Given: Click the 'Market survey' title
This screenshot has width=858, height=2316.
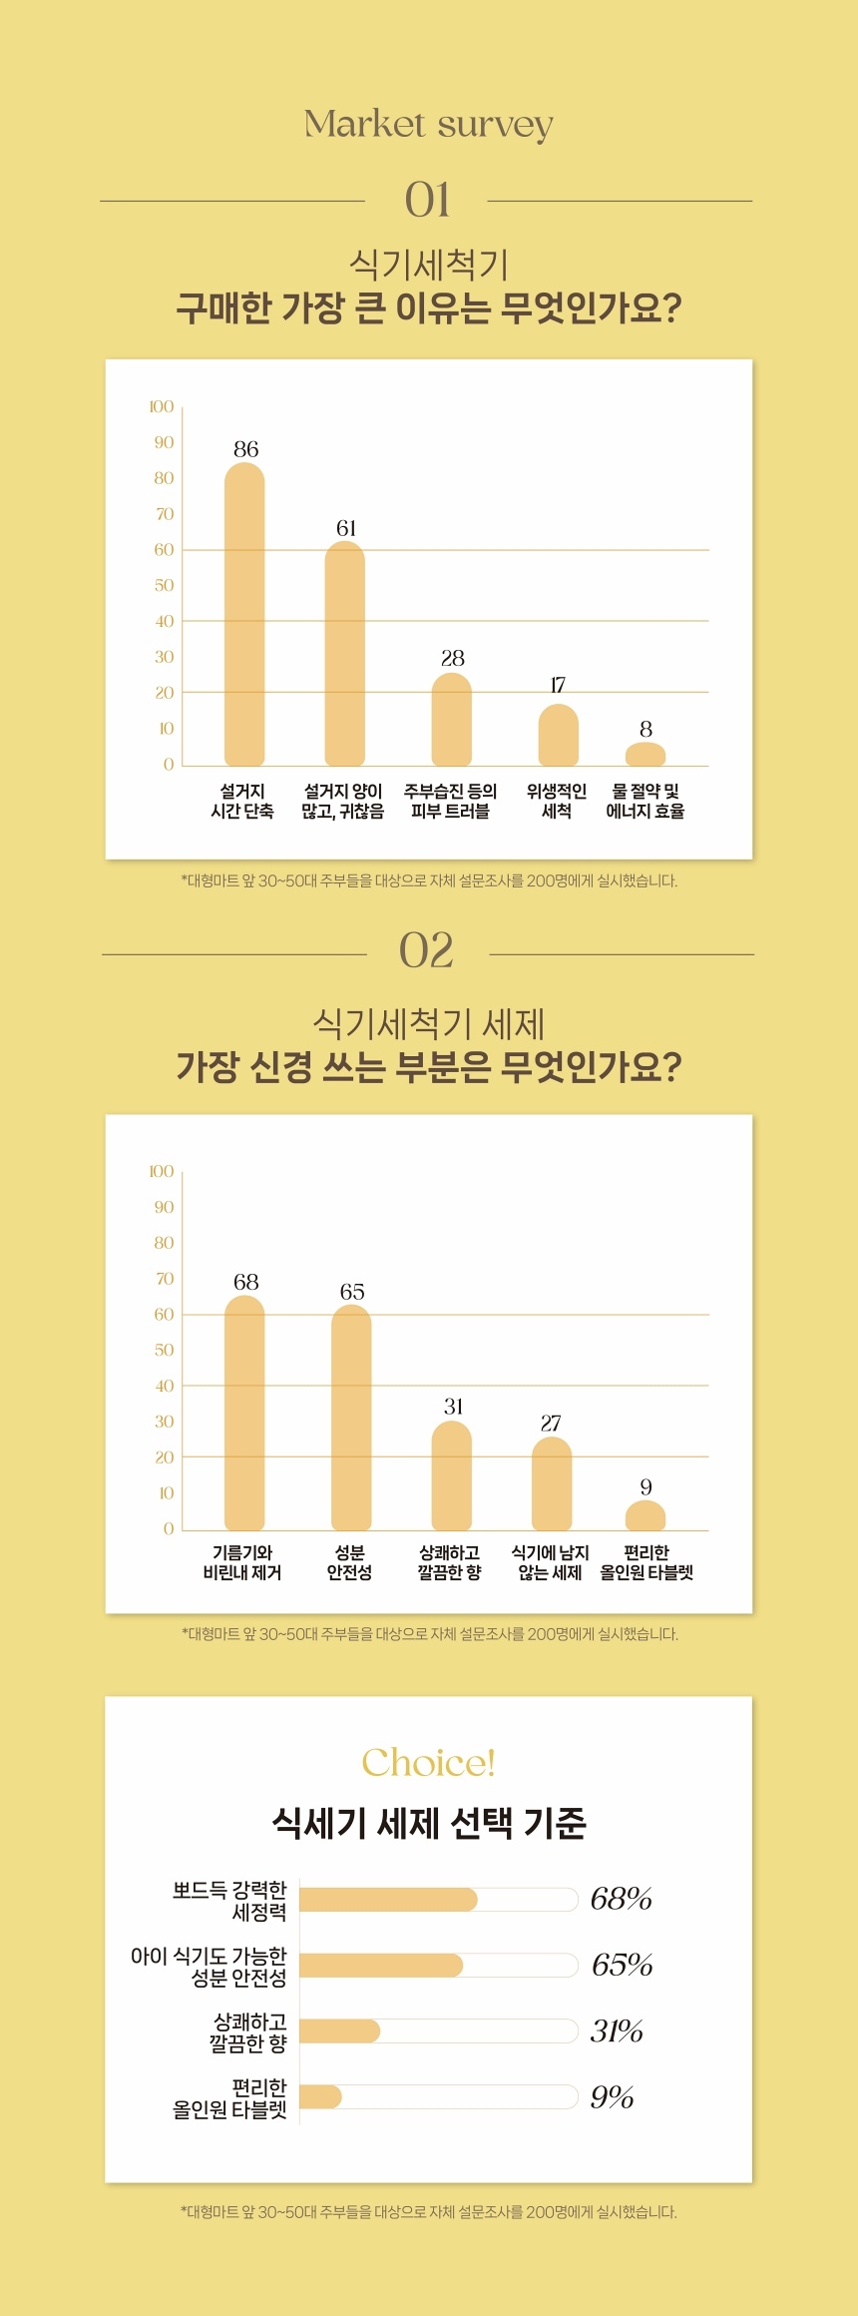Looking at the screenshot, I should point(428,125).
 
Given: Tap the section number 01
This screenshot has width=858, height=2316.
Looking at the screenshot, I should point(427,200).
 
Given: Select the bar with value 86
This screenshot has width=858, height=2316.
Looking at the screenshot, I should point(244,614).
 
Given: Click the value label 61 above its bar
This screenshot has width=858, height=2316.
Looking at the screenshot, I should point(346,528).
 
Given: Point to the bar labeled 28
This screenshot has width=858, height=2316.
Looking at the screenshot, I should point(451,719).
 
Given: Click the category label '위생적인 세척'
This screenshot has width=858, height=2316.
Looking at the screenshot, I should point(557,801).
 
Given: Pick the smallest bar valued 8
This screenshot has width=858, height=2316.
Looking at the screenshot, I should point(645,755).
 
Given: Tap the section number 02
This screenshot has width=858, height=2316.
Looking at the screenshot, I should point(426,950).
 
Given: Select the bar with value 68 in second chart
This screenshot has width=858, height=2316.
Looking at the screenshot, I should point(244,1413).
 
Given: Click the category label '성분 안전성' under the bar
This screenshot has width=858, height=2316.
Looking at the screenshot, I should point(349,1562).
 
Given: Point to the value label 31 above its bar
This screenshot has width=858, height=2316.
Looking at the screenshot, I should point(453,1407).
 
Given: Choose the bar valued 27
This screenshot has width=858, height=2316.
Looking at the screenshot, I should point(552,1483).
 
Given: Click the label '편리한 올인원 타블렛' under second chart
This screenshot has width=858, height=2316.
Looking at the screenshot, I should point(646,1562).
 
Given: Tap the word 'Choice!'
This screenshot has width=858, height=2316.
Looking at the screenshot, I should point(428,1763).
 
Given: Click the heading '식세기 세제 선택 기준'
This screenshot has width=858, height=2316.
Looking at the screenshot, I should point(428,1823).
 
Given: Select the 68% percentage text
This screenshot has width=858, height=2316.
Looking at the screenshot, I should point(621,1898).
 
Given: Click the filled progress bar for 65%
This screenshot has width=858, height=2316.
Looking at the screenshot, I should point(381,1965).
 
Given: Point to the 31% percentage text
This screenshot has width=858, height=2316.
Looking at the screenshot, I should point(617,2030).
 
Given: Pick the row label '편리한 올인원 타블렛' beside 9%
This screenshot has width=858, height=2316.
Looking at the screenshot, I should point(230,2098).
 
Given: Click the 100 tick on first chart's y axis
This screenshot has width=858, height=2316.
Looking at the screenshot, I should point(162,406).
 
